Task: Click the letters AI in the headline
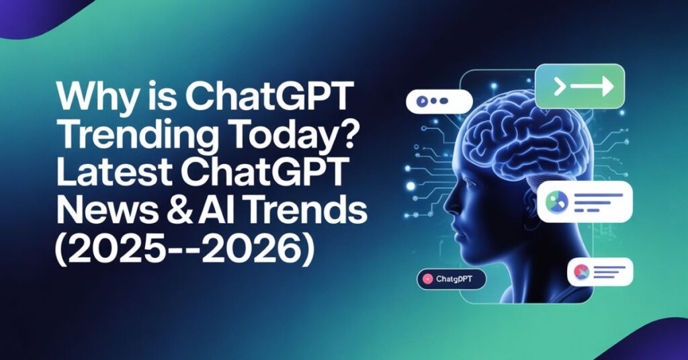coord(219,213)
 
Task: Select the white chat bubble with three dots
coord(439,101)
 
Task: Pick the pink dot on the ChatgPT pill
coord(426,278)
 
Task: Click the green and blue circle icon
coord(556,201)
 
